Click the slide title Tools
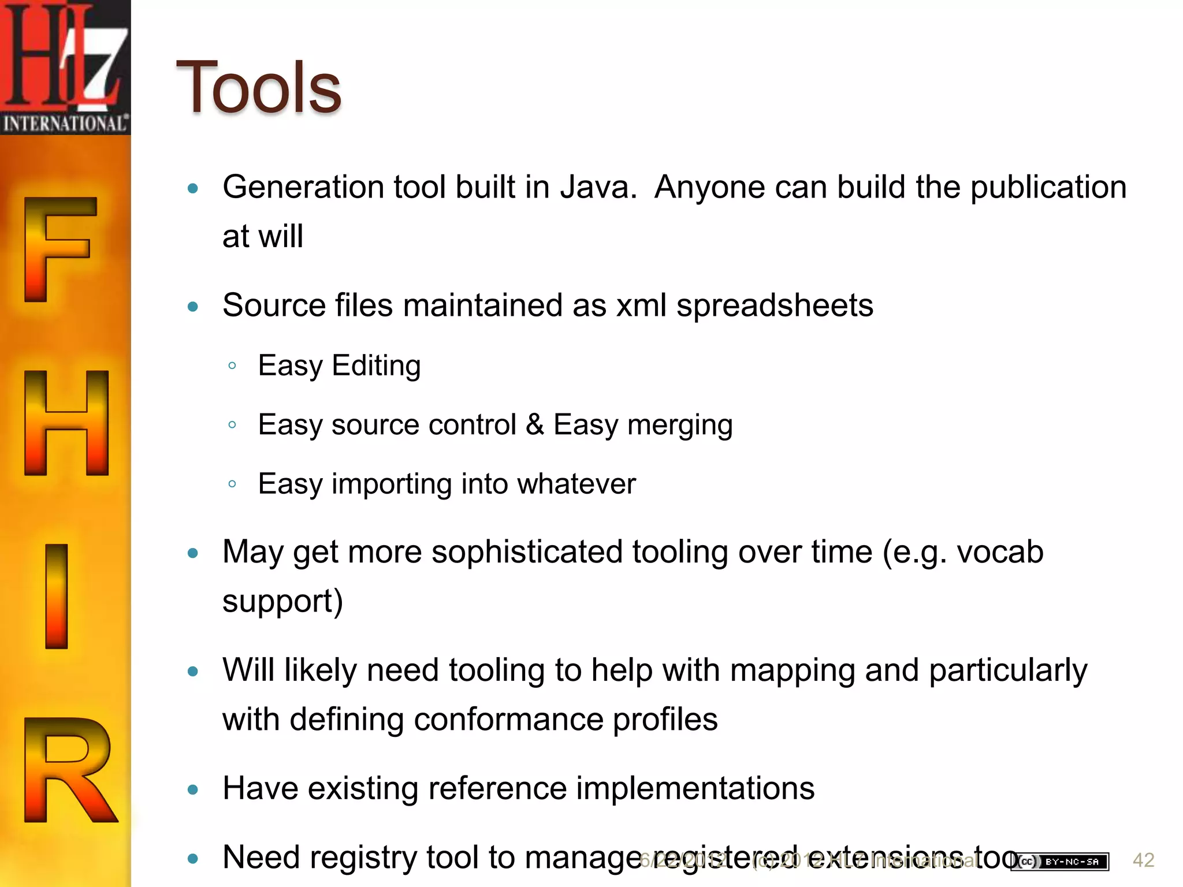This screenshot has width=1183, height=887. click(259, 88)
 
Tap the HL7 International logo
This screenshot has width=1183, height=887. click(65, 67)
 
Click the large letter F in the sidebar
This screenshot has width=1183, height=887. click(59, 249)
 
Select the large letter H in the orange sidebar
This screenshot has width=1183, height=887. click(66, 423)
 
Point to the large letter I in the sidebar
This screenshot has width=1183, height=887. click(57, 596)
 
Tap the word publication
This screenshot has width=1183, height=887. click(1048, 188)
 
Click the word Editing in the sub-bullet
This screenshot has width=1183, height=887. click(376, 366)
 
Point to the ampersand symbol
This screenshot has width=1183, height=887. click(535, 424)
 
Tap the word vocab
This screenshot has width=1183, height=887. click(1000, 552)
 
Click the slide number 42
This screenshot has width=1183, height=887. click(1143, 860)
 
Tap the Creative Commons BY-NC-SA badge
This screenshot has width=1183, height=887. click(1059, 862)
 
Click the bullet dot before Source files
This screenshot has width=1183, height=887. click(193, 306)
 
